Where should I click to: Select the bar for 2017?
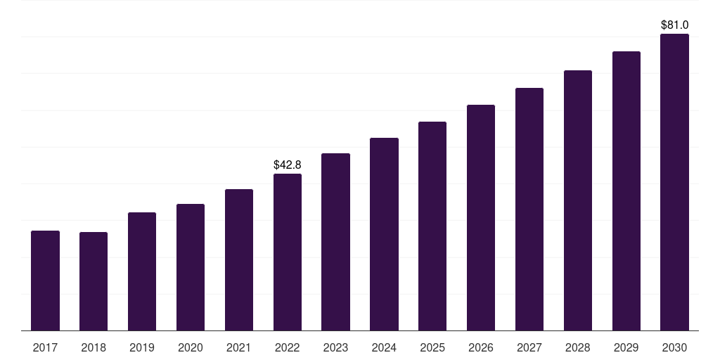45,281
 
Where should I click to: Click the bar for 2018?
94,281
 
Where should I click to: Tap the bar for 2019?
142,271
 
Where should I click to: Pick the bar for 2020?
191,267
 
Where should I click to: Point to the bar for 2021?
239,260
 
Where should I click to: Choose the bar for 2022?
288,252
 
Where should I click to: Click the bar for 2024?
384,234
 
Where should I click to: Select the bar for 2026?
481,218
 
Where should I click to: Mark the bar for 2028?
578,200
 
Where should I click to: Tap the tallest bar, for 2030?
674,182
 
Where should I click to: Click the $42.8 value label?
288,165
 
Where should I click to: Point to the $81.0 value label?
674,25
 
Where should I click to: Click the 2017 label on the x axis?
45,348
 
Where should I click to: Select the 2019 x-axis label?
142,348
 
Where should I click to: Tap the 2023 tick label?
335,348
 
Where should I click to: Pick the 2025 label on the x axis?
432,348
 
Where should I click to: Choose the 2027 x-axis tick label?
529,348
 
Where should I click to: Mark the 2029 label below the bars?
626,348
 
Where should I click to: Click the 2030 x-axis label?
674,348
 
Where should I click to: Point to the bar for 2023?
335,242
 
